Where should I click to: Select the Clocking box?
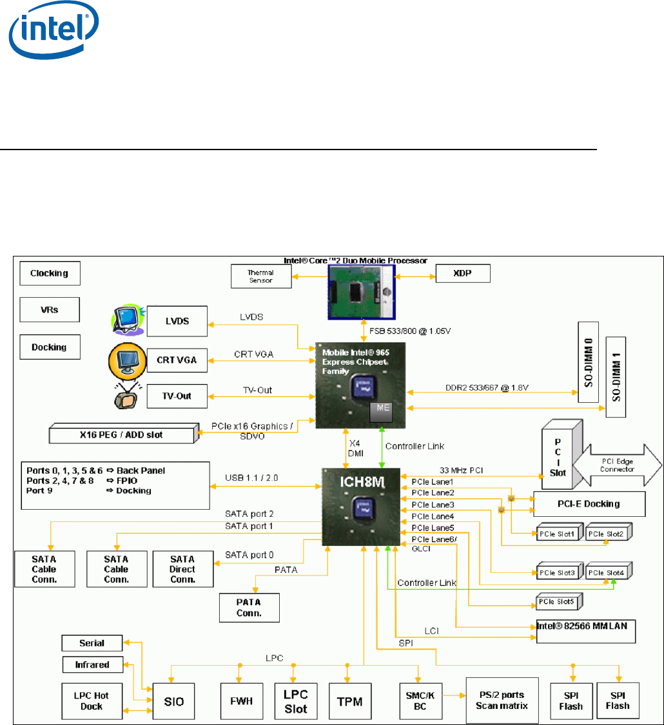click(50, 273)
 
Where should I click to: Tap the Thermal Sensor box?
click(260, 276)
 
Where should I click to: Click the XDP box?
click(463, 273)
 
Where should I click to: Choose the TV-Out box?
click(176, 396)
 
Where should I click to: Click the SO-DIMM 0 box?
click(588, 367)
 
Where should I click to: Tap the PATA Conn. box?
click(249, 607)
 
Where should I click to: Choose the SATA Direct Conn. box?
click(183, 569)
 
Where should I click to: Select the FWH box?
click(240, 701)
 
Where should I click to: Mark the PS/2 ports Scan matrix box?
click(500, 701)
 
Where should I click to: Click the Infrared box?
click(92, 664)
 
